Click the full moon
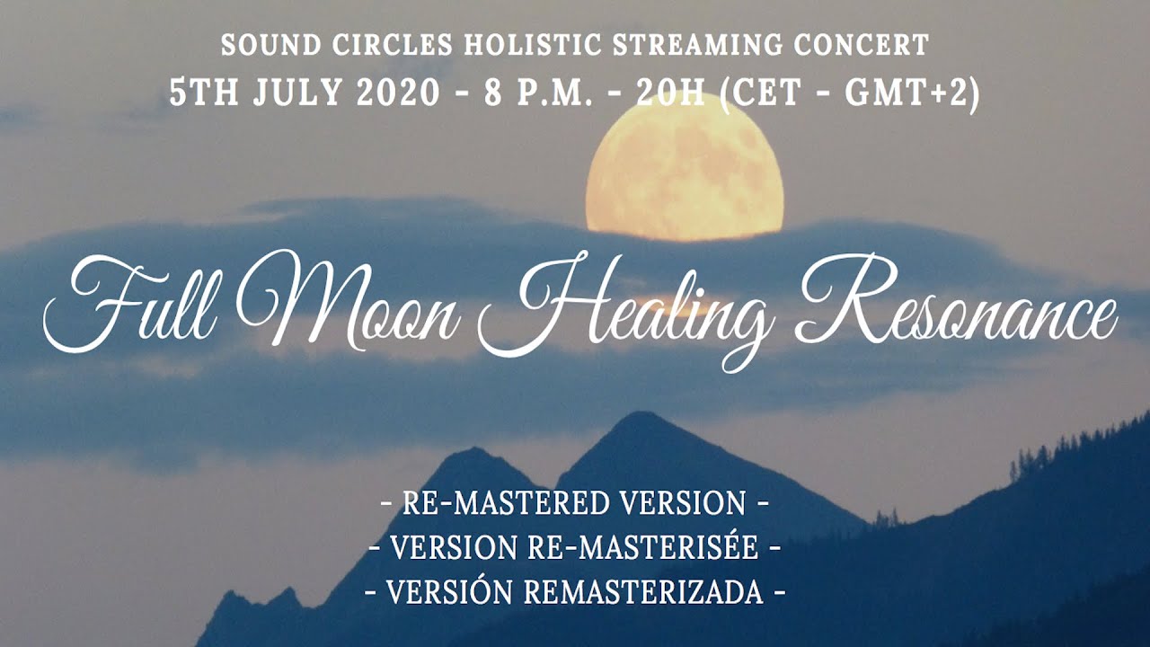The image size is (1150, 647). pos(685,167)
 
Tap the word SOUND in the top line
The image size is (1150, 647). pos(271,45)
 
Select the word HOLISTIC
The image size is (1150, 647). pos(533,45)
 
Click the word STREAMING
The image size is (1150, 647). pos(698,45)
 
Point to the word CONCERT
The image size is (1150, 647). pos(862,45)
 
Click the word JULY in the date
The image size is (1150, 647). pos(297,93)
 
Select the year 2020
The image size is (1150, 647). pos(398,93)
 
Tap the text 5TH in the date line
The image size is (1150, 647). pos(204,93)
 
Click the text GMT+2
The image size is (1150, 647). pos(907,93)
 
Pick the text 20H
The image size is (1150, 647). pos(670,93)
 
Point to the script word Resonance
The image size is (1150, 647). pos(956,300)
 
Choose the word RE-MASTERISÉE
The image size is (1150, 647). pos(642,547)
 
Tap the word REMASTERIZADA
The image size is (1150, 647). pos(643,592)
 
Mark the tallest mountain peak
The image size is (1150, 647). pos(638,414)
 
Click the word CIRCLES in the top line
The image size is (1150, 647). pos(393,45)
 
